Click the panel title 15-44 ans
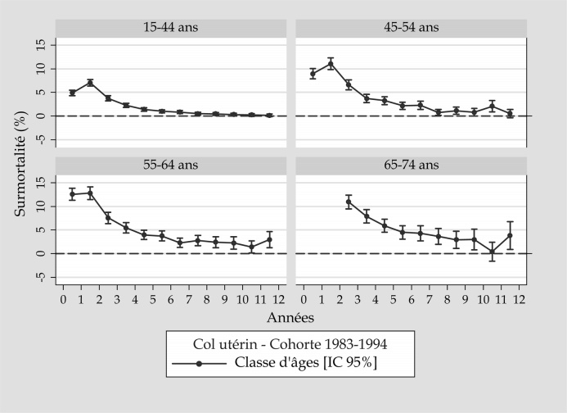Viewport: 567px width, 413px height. click(x=172, y=27)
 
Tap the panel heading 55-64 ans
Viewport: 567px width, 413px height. click(x=172, y=165)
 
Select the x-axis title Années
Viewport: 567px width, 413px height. click(x=290, y=315)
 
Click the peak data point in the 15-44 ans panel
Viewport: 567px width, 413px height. click(x=90, y=83)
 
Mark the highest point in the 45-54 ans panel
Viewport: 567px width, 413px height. click(x=331, y=64)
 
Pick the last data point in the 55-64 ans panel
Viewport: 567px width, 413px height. click(x=269, y=239)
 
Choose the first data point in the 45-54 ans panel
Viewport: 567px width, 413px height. click(x=313, y=74)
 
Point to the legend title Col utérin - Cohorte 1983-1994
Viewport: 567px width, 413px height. click(x=290, y=342)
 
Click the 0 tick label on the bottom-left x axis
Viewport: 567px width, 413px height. click(x=63, y=298)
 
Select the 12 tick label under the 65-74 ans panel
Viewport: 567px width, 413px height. click(x=519, y=298)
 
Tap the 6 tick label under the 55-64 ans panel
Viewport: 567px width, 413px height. click(x=170, y=298)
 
